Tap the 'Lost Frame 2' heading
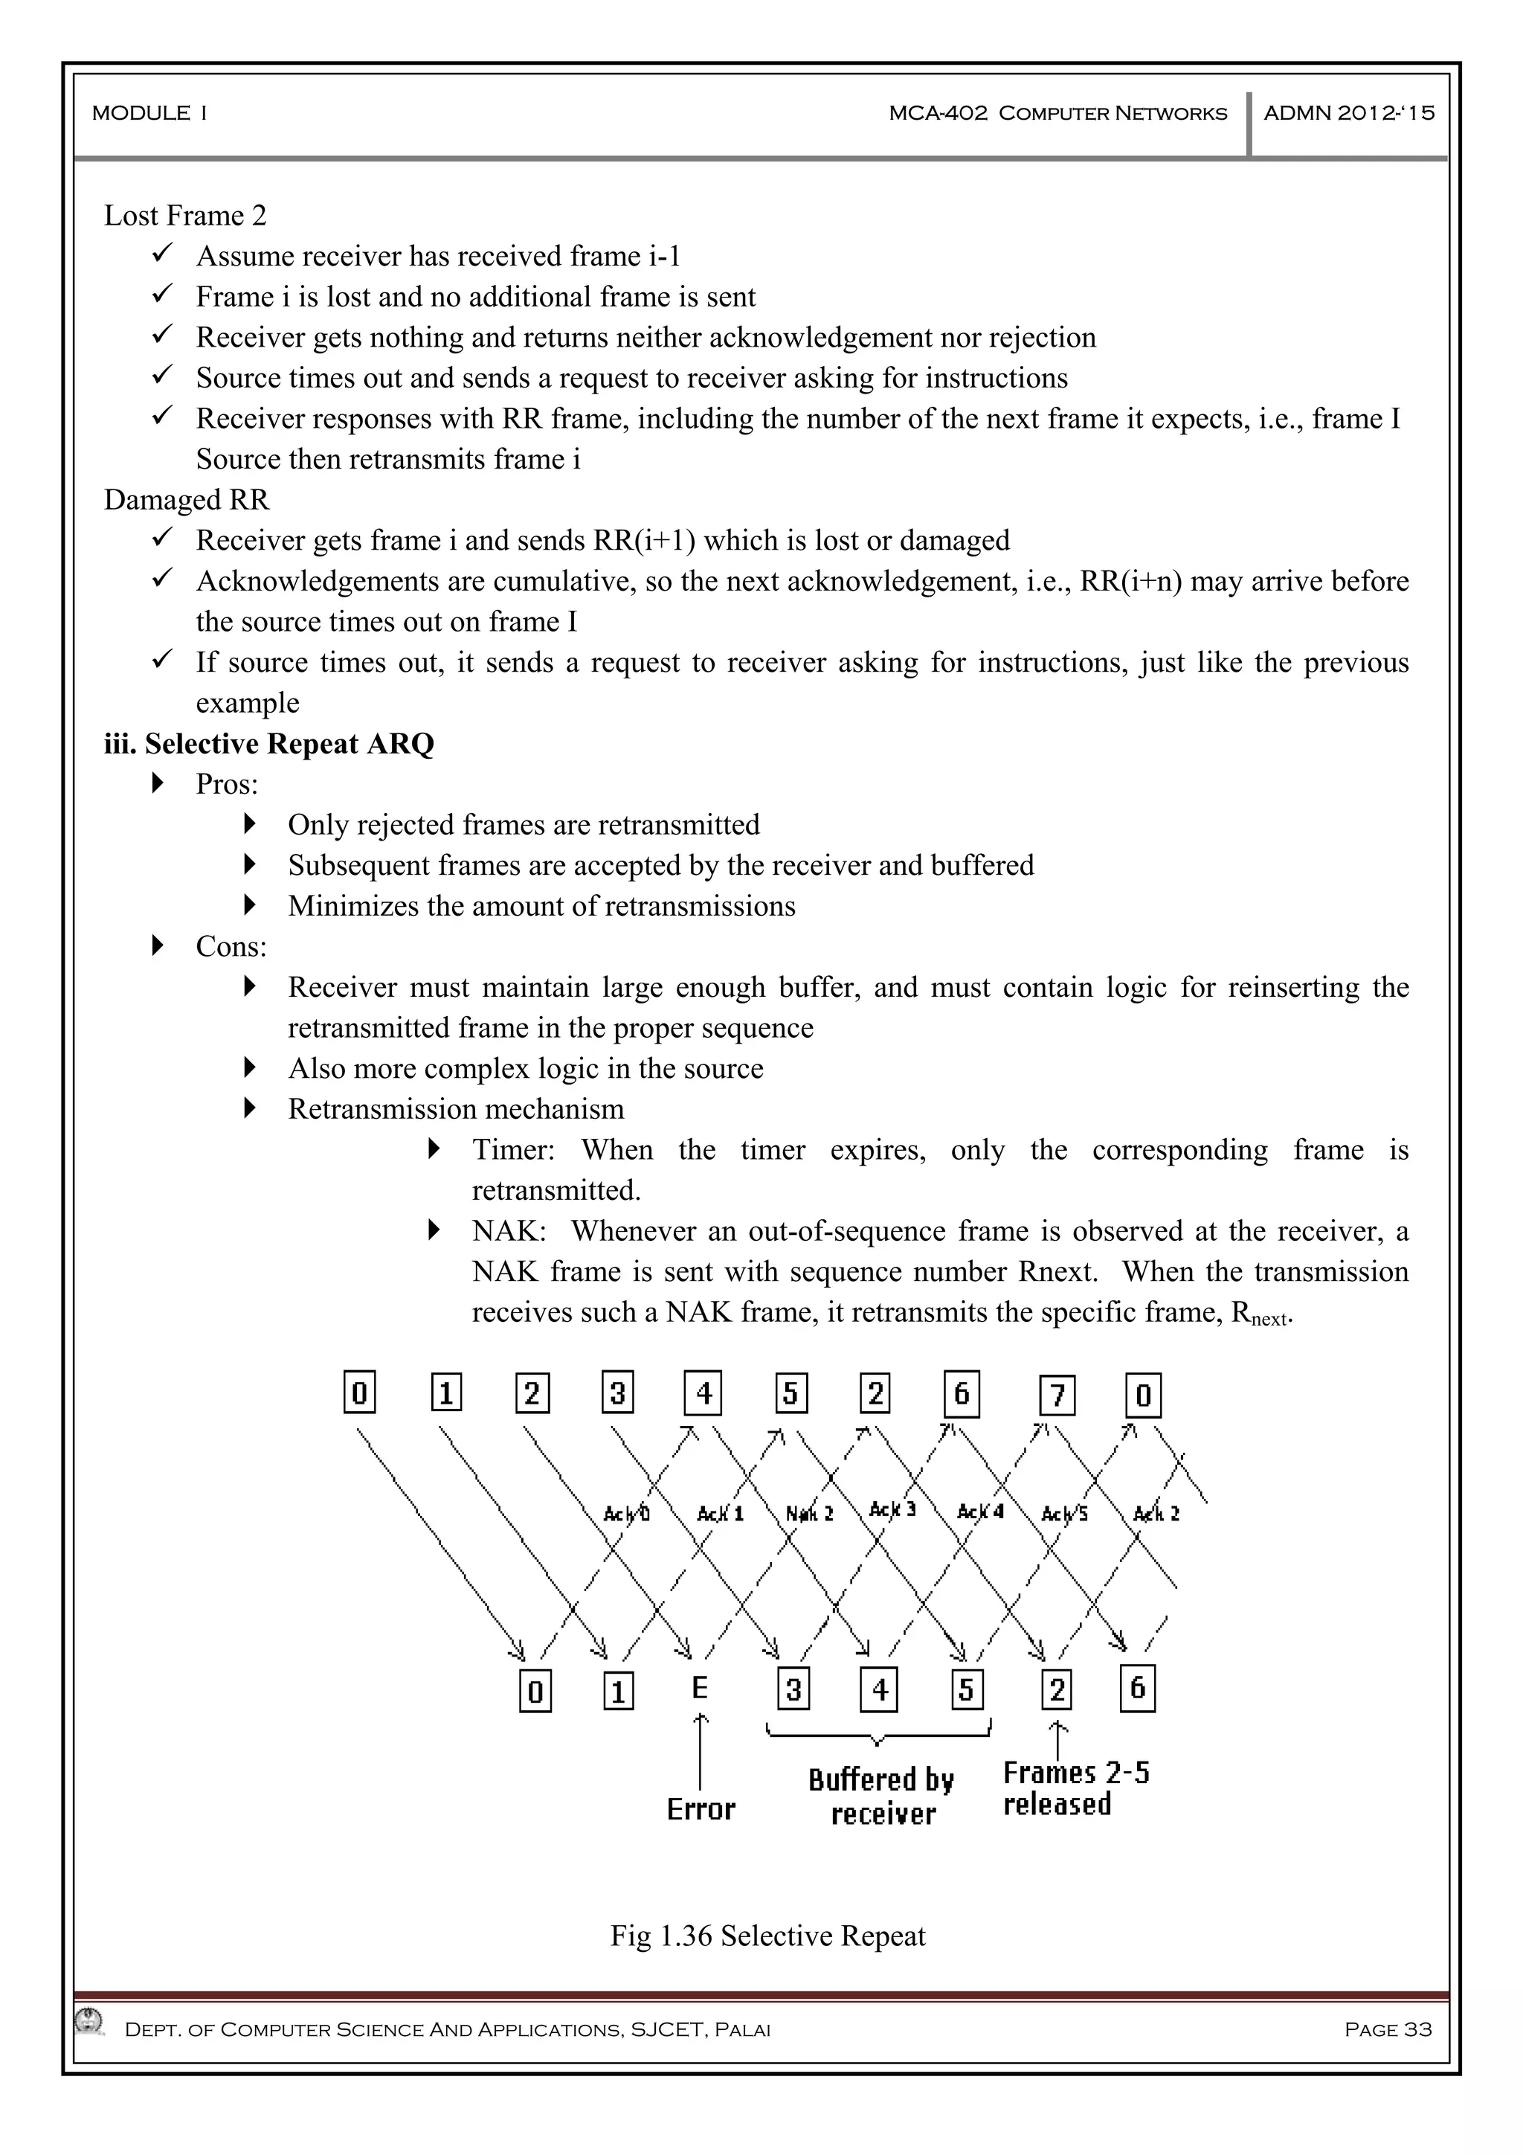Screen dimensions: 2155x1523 point(185,216)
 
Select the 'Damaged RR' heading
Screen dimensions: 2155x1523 point(186,501)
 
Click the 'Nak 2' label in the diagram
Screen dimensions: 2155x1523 point(809,1514)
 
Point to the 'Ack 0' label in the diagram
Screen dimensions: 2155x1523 point(626,1514)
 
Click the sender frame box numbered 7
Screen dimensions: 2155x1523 point(1057,1396)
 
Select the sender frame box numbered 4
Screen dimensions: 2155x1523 point(703,1394)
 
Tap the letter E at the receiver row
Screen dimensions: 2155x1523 point(699,1689)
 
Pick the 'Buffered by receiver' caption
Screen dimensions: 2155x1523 point(881,1796)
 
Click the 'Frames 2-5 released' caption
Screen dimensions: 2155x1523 point(1075,1788)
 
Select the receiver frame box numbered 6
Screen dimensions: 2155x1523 point(1137,1689)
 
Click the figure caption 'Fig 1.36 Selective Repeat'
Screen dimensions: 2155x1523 point(767,1936)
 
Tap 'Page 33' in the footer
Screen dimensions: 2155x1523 point(1387,2030)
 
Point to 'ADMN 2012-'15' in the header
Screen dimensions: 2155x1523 point(1348,114)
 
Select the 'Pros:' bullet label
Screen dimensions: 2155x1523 point(226,785)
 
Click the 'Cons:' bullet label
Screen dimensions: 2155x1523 point(231,947)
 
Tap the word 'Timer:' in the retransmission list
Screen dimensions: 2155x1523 point(513,1150)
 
